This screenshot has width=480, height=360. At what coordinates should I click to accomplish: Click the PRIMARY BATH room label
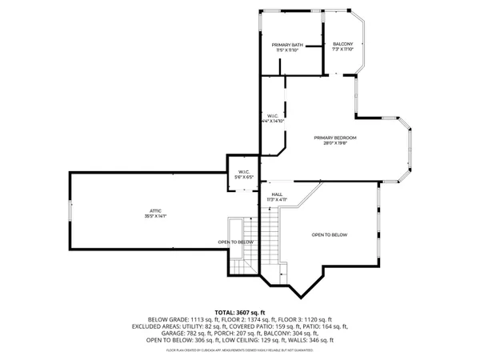286,44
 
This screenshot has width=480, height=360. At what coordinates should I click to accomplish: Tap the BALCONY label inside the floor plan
342,44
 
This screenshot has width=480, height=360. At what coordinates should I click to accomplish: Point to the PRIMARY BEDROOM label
334,138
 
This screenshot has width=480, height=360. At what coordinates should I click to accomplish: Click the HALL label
277,194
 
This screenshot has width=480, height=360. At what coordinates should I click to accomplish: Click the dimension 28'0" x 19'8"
334,143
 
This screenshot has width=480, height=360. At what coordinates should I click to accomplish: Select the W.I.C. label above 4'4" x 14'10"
273,115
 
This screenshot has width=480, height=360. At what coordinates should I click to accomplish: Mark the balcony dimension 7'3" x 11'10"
342,50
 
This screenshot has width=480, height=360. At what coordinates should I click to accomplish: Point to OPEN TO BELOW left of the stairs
236,242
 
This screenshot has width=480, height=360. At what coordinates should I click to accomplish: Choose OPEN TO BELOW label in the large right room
330,234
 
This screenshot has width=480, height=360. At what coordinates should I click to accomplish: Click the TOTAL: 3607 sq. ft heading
239,312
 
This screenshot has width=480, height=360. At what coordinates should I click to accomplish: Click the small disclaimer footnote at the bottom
239,350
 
